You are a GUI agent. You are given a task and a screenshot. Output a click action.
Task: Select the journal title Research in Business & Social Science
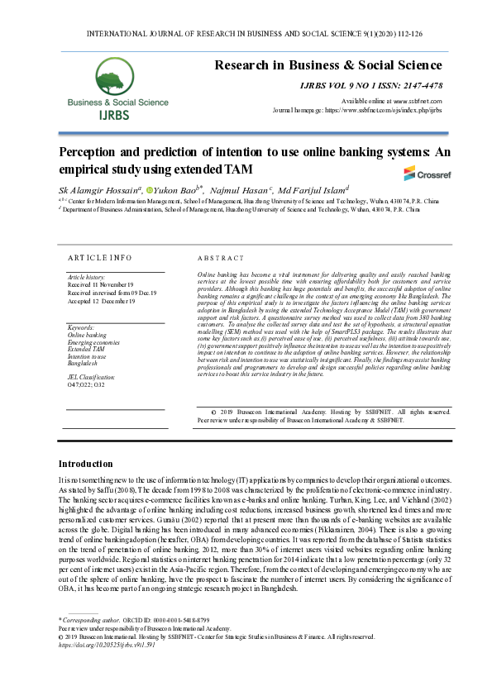pos(327,65)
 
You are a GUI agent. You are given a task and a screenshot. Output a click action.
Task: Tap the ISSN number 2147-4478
pos(420,86)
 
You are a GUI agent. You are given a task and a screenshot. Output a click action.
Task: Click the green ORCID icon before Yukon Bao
pos(150,192)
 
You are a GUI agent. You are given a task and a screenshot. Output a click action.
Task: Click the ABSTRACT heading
pos(221,259)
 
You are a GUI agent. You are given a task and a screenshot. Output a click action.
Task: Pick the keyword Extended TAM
pos(86,350)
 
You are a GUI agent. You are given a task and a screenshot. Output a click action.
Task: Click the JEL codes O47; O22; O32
pos(86,384)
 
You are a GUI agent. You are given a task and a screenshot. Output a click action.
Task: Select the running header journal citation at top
pos(245,35)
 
